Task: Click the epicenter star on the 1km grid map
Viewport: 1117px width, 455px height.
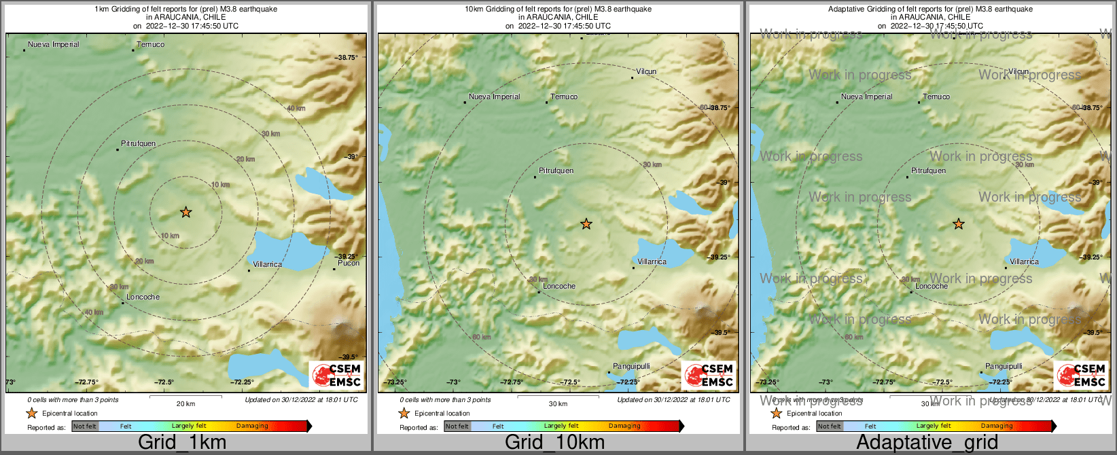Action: (185, 213)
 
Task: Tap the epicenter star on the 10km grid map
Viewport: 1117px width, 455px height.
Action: (586, 223)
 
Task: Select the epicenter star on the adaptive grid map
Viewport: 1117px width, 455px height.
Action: (959, 223)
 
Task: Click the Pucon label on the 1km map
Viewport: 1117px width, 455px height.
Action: (349, 263)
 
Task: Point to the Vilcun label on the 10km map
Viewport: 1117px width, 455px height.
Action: (646, 71)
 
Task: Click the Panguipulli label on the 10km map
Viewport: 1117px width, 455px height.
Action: (631, 366)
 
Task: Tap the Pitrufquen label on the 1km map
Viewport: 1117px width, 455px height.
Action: (138, 144)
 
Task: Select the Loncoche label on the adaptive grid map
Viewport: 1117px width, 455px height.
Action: (932, 286)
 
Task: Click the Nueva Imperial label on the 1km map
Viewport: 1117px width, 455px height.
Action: (53, 44)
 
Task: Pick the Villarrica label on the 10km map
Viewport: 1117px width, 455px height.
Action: (652, 261)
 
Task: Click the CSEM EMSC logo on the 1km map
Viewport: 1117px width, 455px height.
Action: (336, 375)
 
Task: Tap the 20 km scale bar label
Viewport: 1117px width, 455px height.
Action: (185, 404)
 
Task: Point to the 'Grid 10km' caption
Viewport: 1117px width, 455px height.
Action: (554, 443)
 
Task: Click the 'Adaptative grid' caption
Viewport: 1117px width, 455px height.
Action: (927, 443)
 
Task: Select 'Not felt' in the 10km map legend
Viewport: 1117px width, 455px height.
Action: (457, 426)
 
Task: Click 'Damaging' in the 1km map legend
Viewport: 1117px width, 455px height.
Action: (252, 426)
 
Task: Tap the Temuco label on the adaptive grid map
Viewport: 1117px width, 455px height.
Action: (936, 96)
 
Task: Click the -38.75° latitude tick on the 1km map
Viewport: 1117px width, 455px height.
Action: (347, 58)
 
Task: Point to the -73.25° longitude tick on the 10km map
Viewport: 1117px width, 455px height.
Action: (395, 382)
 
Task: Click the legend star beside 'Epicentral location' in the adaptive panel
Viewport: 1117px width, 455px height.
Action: (776, 413)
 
